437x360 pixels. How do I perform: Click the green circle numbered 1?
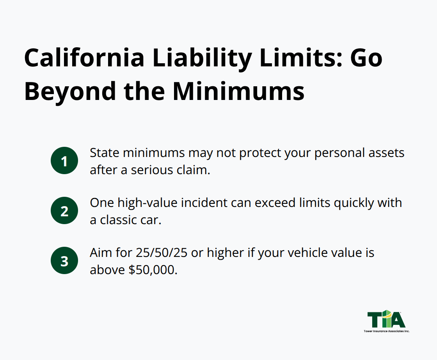pyautogui.click(x=64, y=160)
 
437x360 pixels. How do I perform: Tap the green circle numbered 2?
pyautogui.click(x=64, y=210)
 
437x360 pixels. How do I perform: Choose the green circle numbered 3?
pyautogui.click(x=64, y=260)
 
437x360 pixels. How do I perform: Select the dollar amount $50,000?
pyautogui.click(x=153, y=270)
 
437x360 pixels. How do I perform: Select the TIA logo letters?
pyautogui.click(x=386, y=319)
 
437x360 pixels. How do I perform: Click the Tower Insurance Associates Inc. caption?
pyautogui.click(x=386, y=331)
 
